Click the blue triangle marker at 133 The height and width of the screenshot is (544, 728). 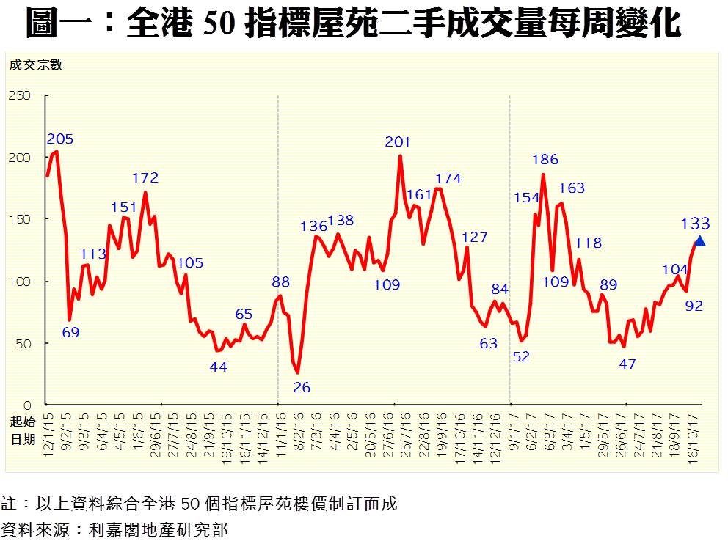[700, 241]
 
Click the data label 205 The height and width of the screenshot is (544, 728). [59, 139]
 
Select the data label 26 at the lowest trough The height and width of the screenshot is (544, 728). [302, 387]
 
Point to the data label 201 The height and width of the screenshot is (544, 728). [398, 141]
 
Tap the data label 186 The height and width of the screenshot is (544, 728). [545, 159]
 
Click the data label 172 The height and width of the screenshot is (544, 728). [145, 177]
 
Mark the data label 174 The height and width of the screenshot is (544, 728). [448, 178]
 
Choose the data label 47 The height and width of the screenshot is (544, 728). [627, 363]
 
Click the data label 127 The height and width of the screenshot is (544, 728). [475, 237]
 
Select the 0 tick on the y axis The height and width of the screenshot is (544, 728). [27, 405]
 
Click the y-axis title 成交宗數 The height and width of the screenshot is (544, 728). [36, 65]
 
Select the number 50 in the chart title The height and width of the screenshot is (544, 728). [220, 24]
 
